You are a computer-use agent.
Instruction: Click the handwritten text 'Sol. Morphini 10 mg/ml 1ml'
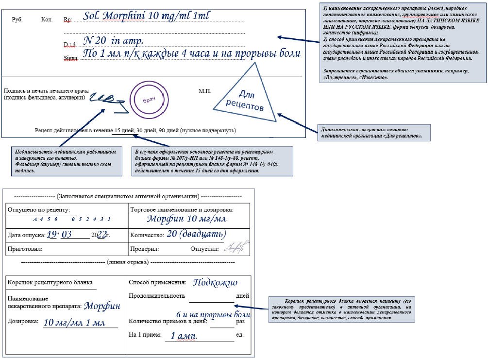(x=146, y=17)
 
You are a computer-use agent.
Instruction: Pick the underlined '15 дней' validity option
(x=124, y=131)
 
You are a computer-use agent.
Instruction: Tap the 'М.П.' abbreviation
(x=204, y=91)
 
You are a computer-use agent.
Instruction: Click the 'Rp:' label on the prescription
(x=67, y=20)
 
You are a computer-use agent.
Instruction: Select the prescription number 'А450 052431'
(x=72, y=219)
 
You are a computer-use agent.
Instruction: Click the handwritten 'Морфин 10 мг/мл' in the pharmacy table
(x=187, y=219)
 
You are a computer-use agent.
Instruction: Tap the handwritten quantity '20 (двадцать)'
(x=196, y=235)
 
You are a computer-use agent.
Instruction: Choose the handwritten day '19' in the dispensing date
(x=52, y=235)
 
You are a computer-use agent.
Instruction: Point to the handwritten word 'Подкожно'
(x=215, y=282)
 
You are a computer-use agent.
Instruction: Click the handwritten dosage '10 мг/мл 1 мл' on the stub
(x=74, y=322)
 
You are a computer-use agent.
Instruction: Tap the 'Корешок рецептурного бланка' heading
(x=50, y=282)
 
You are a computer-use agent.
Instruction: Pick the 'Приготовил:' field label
(x=25, y=249)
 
